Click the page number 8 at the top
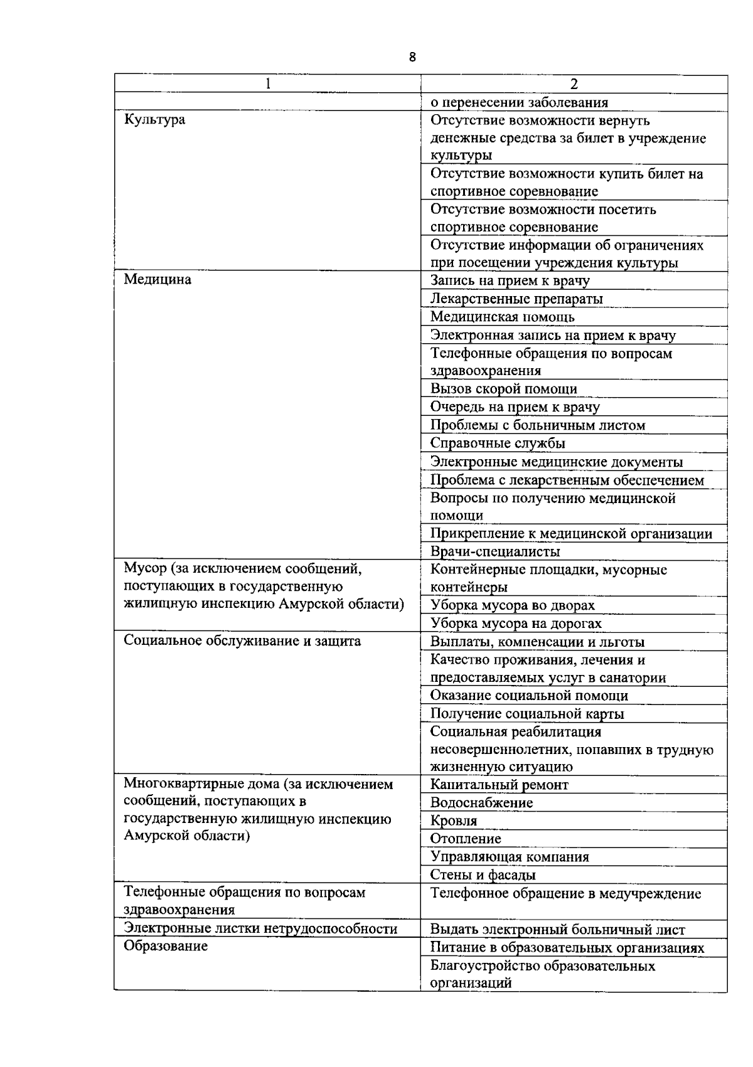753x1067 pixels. (412, 58)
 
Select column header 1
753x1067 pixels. (268, 84)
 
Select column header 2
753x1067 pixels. (574, 84)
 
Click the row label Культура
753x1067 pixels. (154, 120)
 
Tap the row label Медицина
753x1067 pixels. (158, 280)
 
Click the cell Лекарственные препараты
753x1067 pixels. (516, 299)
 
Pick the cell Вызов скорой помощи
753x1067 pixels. (503, 389)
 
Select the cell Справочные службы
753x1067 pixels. (498, 443)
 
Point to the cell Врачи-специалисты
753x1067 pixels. (495, 552)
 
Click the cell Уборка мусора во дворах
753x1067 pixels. (512, 605)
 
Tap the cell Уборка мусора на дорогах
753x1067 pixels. (515, 624)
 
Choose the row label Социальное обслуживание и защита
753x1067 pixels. (242, 641)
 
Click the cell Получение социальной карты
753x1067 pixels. (526, 714)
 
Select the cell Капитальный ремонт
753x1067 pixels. (499, 785)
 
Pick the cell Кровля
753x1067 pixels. (453, 821)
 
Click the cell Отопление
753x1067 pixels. (465, 839)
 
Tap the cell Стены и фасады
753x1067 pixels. (483, 875)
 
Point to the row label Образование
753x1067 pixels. (166, 947)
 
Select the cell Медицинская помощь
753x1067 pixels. (502, 317)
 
